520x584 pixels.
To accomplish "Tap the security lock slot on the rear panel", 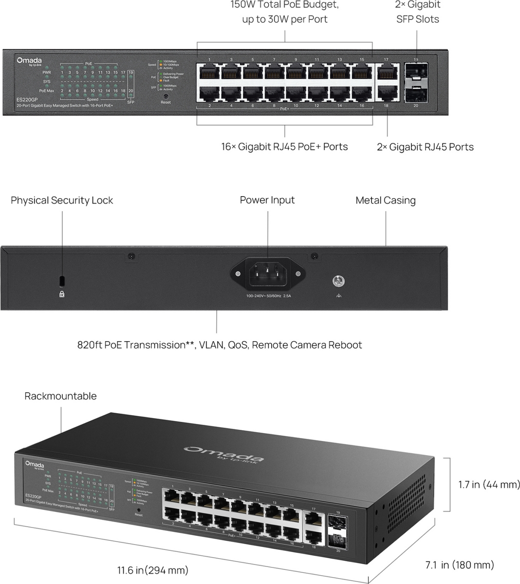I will [62, 281].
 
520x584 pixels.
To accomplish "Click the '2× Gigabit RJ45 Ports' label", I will [425, 147].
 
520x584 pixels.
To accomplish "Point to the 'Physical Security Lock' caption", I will [62, 201].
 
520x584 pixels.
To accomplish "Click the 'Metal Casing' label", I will [386, 201].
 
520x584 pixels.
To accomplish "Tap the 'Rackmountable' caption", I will [60, 396].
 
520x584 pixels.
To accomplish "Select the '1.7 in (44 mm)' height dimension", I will [489, 484].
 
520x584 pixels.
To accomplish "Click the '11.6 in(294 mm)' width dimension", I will [152, 570].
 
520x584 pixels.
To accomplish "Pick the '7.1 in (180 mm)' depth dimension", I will [460, 565].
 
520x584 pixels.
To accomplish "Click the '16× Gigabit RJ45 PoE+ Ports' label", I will [284, 146].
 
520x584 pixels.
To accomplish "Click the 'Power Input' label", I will [267, 200].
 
